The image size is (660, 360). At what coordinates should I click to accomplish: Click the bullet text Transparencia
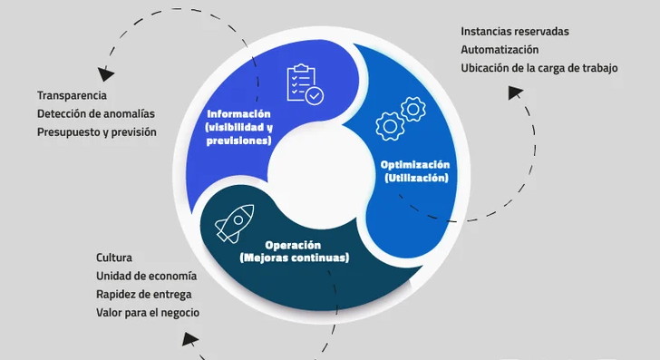point(73,95)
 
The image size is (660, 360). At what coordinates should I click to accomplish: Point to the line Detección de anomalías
point(96,113)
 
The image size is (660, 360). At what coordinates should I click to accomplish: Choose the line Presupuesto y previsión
point(97,131)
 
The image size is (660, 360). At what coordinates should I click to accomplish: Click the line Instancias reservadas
point(515,31)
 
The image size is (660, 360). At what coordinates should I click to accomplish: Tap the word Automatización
point(500,49)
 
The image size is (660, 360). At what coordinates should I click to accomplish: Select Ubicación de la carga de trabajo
point(539,67)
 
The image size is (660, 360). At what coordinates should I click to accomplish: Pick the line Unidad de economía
point(146,276)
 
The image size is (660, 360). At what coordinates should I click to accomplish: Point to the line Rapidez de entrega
point(143,294)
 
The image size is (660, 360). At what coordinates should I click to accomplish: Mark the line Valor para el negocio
point(148,312)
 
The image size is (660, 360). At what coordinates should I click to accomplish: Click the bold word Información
point(239,114)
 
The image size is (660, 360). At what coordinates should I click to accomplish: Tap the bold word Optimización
point(415,165)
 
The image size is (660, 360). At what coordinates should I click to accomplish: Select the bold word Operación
point(294,245)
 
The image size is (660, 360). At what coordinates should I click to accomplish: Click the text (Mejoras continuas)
point(294,258)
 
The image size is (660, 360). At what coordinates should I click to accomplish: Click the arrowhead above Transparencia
point(107,73)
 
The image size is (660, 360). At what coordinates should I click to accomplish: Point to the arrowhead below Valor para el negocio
point(190,339)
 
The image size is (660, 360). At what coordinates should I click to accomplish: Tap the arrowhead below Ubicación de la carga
point(515,92)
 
